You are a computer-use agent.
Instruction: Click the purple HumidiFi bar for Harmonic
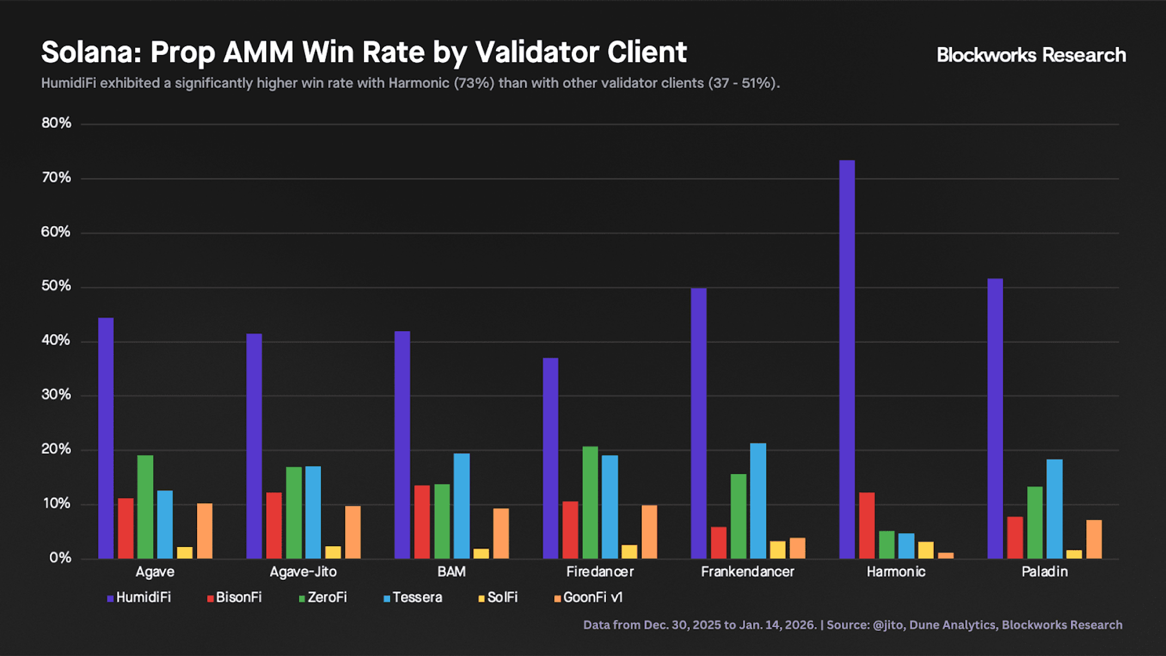tap(847, 359)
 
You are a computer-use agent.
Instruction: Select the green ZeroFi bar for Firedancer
tap(590, 502)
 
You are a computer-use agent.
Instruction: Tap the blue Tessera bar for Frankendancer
tap(758, 501)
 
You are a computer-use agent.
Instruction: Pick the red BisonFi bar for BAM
tap(422, 522)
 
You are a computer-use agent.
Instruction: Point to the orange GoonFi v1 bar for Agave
tap(205, 531)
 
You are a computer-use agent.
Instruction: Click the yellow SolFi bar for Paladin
tap(1074, 554)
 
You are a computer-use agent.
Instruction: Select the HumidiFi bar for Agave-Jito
tap(254, 446)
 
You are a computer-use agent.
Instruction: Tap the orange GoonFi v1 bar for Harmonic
tap(946, 556)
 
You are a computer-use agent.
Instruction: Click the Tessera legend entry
tap(413, 598)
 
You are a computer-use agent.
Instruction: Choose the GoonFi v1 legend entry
tap(588, 598)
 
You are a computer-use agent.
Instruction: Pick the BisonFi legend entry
tap(235, 598)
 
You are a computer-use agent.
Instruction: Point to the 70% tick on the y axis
tap(57, 177)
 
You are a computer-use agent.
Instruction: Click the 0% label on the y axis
tap(60, 558)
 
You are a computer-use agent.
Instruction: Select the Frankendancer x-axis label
tap(747, 572)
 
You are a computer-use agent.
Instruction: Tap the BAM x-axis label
tap(451, 572)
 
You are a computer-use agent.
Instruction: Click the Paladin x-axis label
tap(1045, 572)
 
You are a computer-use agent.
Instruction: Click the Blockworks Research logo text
tap(1031, 55)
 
